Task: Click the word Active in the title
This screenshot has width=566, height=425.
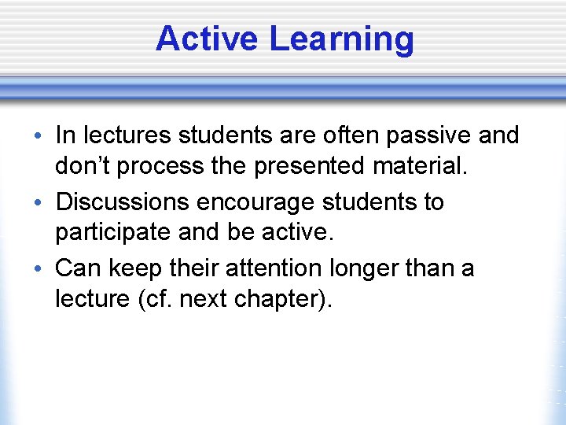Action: click(207, 39)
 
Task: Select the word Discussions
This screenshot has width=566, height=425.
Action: click(123, 202)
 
